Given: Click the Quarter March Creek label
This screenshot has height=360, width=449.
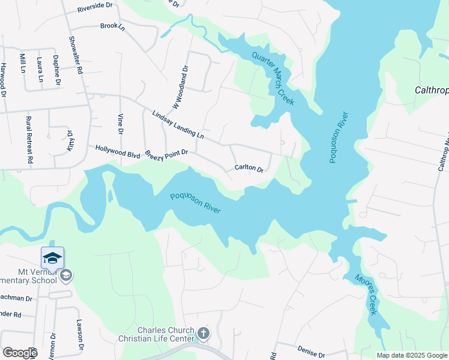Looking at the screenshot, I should pos(273,78).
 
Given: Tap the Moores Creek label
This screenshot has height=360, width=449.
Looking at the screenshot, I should pos(366,294).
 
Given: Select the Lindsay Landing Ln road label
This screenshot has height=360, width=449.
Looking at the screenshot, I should pos(178,125).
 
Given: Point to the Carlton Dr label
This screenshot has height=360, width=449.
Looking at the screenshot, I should pos(249,169).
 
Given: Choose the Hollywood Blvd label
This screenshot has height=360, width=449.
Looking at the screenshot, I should pos(118,151).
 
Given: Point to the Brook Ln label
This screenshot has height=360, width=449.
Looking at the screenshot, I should pos(112,26).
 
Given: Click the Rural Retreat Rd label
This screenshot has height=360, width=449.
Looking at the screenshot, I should pos(28,140).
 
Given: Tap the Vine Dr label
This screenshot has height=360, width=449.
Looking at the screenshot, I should pos(120,123).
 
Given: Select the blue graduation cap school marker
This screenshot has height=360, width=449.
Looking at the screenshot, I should pos(52,258).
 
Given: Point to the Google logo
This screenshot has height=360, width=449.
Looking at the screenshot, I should pos(19,353).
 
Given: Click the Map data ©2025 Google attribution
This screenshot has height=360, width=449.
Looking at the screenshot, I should pos(411,355).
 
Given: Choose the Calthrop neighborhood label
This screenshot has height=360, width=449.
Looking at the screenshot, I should pos(432,91).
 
